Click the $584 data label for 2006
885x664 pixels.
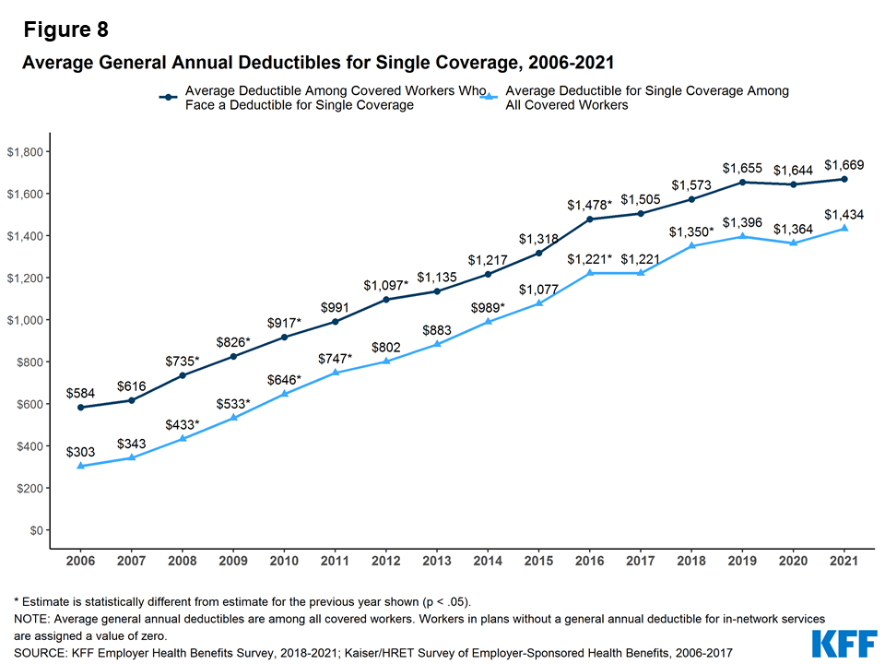(x=80, y=394)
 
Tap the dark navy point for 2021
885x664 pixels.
(x=844, y=179)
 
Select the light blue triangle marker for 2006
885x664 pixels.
(x=80, y=466)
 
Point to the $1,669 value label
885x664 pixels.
(x=844, y=166)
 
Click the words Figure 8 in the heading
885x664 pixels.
(x=65, y=30)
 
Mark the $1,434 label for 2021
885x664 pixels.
(x=844, y=214)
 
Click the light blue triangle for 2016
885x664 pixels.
(x=590, y=273)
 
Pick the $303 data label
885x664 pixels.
(x=80, y=452)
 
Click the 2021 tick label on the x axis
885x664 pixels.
(x=844, y=560)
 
